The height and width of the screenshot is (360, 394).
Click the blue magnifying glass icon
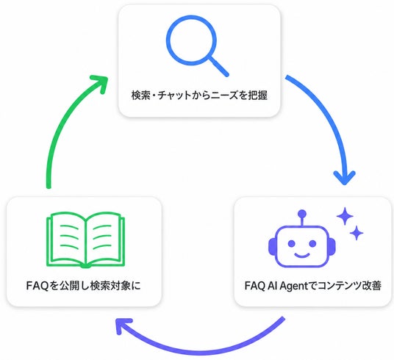coord(191,40)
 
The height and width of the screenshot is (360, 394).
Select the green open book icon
coord(86,240)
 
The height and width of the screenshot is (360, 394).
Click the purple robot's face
coord(302,246)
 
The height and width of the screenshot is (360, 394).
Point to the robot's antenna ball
coord(302,214)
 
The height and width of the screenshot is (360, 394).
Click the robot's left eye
coord(292,243)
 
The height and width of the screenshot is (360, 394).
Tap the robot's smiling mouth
coord(302,256)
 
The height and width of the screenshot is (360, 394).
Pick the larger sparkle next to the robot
coord(345,216)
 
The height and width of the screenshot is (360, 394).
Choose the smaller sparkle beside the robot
coord(357,233)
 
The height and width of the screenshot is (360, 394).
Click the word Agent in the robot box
coord(293,286)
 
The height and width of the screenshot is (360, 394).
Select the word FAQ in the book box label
coord(37,286)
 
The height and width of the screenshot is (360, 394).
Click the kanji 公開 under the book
coord(69,286)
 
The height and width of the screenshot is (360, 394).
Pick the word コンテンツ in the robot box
coord(336,286)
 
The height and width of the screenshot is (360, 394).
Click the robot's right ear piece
coord(332,246)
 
